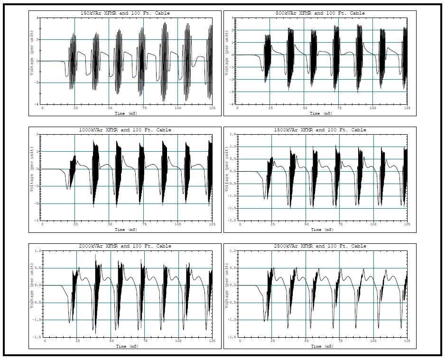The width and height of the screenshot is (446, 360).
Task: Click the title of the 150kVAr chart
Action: [125, 13]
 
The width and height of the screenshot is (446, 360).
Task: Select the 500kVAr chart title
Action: [320, 13]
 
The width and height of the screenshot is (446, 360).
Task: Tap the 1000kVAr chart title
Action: [125, 130]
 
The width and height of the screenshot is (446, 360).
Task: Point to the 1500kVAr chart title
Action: [320, 130]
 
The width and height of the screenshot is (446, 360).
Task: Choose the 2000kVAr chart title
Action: [125, 246]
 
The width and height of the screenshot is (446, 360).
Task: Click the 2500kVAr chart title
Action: [320, 246]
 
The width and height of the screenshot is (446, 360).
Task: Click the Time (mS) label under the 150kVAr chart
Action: [126, 114]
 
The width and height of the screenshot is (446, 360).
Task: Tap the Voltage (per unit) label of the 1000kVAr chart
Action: [32, 177]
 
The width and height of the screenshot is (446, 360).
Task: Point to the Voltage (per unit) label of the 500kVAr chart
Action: [227, 61]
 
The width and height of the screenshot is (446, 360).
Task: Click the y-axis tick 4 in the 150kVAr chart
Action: [37, 18]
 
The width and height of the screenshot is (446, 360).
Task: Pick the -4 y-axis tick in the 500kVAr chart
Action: [232, 104]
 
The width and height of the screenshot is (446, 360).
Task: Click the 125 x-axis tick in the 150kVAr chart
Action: [212, 109]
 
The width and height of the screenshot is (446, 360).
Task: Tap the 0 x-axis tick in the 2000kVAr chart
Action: [46, 341]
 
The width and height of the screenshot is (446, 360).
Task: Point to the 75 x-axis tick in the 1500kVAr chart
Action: [338, 225]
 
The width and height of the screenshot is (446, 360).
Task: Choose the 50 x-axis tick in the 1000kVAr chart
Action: [110, 225]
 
